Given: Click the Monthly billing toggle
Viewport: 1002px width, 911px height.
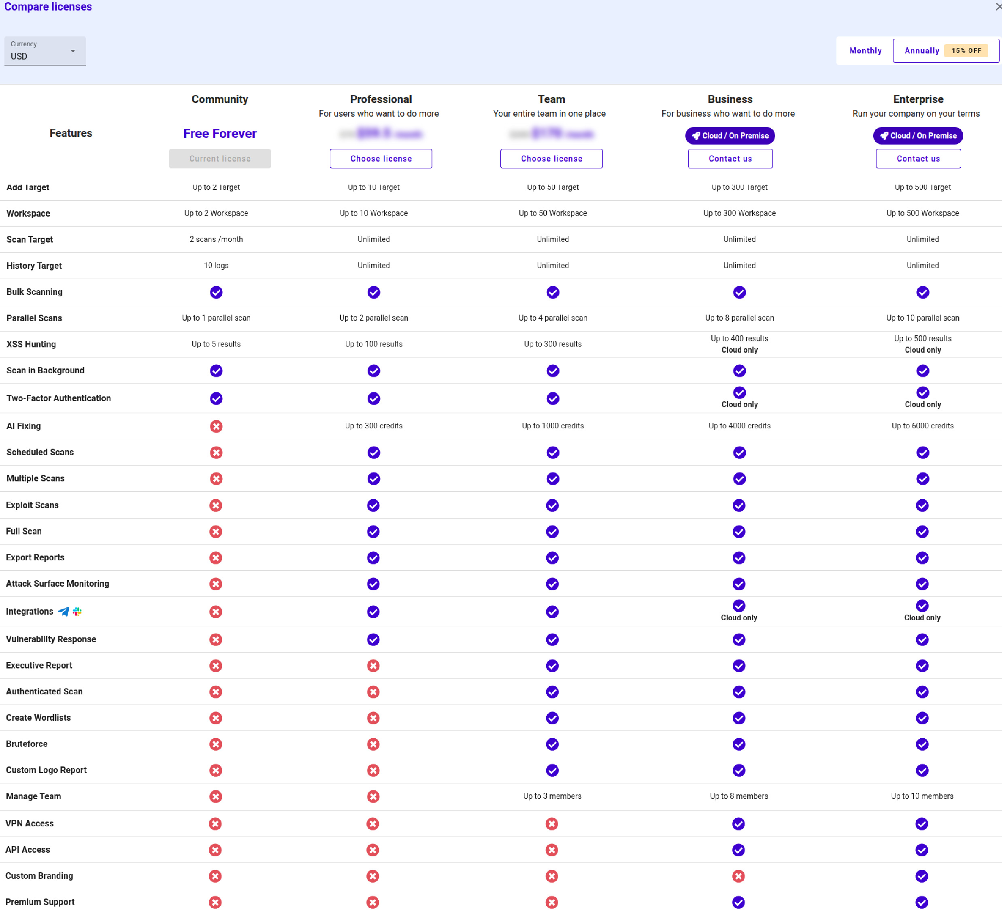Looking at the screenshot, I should pyautogui.click(x=865, y=51).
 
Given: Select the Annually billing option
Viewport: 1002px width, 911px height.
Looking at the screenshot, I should pyautogui.click(x=921, y=51).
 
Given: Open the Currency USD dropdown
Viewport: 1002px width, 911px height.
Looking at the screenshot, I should pyautogui.click(x=45, y=51).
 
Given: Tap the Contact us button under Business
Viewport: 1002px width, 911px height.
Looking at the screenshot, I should pyautogui.click(x=730, y=159).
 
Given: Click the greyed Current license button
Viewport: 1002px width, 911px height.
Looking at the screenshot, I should pyautogui.click(x=220, y=159).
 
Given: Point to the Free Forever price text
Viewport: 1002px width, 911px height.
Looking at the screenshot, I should pyautogui.click(x=220, y=134).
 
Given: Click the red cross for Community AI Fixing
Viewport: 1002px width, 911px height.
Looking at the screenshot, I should pyautogui.click(x=216, y=426).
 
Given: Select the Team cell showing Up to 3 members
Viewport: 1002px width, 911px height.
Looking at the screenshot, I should pyautogui.click(x=552, y=796).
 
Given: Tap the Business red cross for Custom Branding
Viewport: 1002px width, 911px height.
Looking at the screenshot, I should pyautogui.click(x=738, y=876).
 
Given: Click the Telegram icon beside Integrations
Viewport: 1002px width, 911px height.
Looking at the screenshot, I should pyautogui.click(x=64, y=611).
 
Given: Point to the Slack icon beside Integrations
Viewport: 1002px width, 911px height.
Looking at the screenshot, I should pyautogui.click(x=77, y=611).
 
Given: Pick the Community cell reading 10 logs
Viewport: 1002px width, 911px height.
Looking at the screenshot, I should pyautogui.click(x=216, y=265).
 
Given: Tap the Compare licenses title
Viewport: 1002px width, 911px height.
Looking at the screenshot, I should pyautogui.click(x=48, y=7).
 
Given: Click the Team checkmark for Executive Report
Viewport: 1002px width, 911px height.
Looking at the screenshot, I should pyautogui.click(x=552, y=666).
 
